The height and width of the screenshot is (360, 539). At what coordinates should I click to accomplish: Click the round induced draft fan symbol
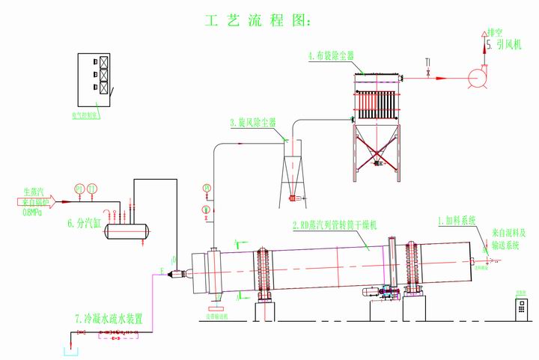point(477,77)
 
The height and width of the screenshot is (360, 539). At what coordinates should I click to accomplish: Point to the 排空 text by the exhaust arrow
point(495,33)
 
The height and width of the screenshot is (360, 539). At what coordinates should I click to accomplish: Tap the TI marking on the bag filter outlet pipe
point(427,61)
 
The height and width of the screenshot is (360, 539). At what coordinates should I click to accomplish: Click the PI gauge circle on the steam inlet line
point(79,187)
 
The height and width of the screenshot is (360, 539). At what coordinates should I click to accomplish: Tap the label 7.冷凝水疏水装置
point(109,318)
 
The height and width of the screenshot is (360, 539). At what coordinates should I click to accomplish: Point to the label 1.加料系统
point(457,220)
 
